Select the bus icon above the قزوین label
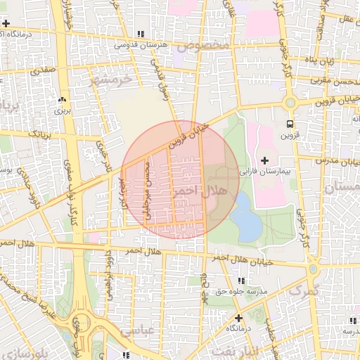[x=290, y=124]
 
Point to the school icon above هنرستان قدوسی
[x=141, y=33]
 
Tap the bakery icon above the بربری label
[x=62, y=100]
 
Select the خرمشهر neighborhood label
[x=111, y=79]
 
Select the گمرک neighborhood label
[x=304, y=290]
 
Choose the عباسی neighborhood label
[x=137, y=330]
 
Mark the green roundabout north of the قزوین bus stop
[x=289, y=103]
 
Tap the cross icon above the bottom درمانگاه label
[x=238, y=318]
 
